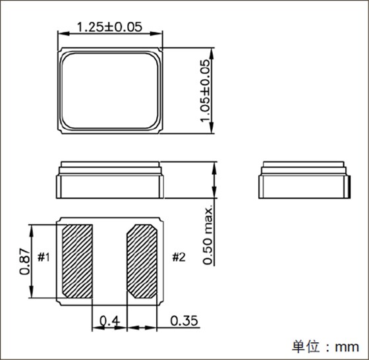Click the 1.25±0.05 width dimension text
[x=110, y=28]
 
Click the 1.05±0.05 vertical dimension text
[x=205, y=90]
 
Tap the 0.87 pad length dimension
[x=25, y=261]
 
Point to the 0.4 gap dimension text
[x=109, y=321]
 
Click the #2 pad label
[x=179, y=257]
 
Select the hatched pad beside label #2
[x=142, y=261]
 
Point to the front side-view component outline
[x=110, y=179]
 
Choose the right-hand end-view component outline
[x=304, y=179]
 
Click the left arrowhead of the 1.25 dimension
[x=60, y=34]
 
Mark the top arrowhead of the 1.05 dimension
[x=213, y=50]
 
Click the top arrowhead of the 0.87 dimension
[x=32, y=227]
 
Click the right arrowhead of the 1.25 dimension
[x=160, y=34]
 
